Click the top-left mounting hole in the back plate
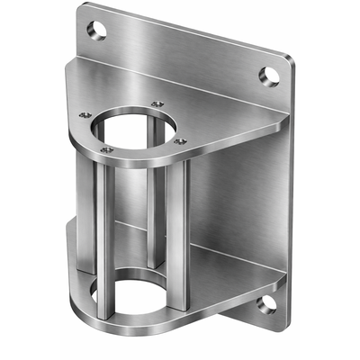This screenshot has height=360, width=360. point(98,31)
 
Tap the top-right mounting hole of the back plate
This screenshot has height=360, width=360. point(269,75)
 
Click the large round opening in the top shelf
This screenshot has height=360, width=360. point(134,126)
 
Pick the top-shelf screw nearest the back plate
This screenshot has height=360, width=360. point(158,104)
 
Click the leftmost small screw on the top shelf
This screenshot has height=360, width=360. point(85,115)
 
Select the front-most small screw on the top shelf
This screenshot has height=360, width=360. point(106,149)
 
